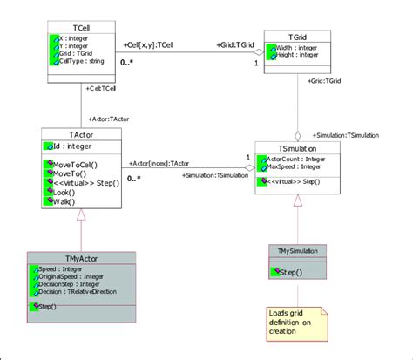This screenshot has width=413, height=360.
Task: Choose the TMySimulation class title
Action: [298, 250]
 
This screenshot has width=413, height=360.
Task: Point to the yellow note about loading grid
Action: [295, 322]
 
